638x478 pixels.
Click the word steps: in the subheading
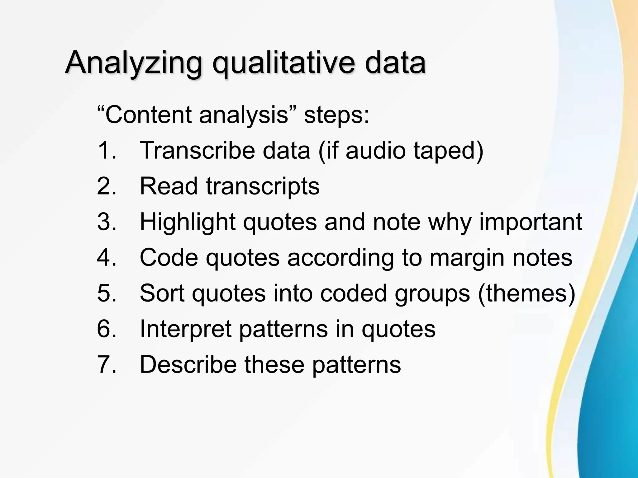[336, 115]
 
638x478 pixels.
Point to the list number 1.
[106, 151]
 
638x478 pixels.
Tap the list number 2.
[106, 186]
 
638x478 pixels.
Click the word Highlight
[187, 222]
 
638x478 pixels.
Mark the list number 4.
[106, 258]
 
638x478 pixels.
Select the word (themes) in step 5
[526, 293]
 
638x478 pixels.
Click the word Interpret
[185, 329]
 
